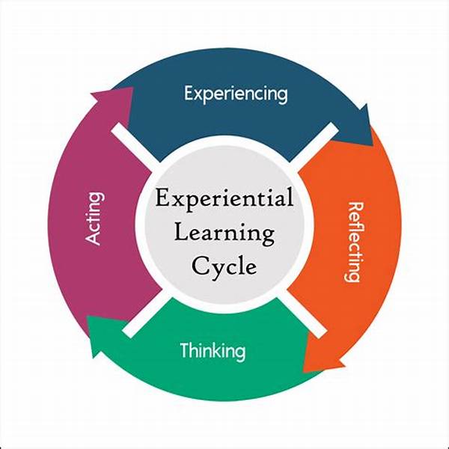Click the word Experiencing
point(236,94)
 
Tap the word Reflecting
point(352,242)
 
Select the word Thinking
point(213,350)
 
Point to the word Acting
point(95,219)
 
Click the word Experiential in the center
point(224,198)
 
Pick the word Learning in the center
point(224,233)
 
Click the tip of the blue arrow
point(373,145)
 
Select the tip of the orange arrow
point(304,372)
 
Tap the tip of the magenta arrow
point(132,88)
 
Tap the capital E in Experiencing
point(189,93)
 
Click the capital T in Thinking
point(185,349)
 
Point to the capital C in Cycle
point(201,266)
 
